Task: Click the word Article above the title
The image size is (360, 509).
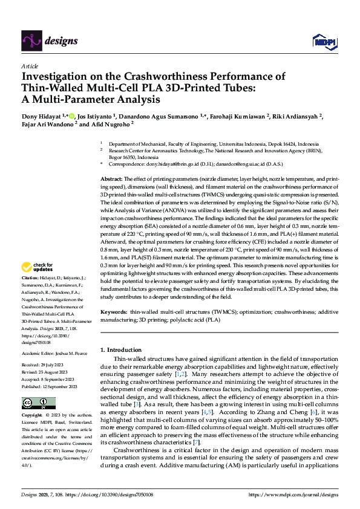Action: (x=29, y=66)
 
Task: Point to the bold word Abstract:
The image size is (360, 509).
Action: (x=111, y=180)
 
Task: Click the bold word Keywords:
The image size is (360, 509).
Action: (x=113, y=312)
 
